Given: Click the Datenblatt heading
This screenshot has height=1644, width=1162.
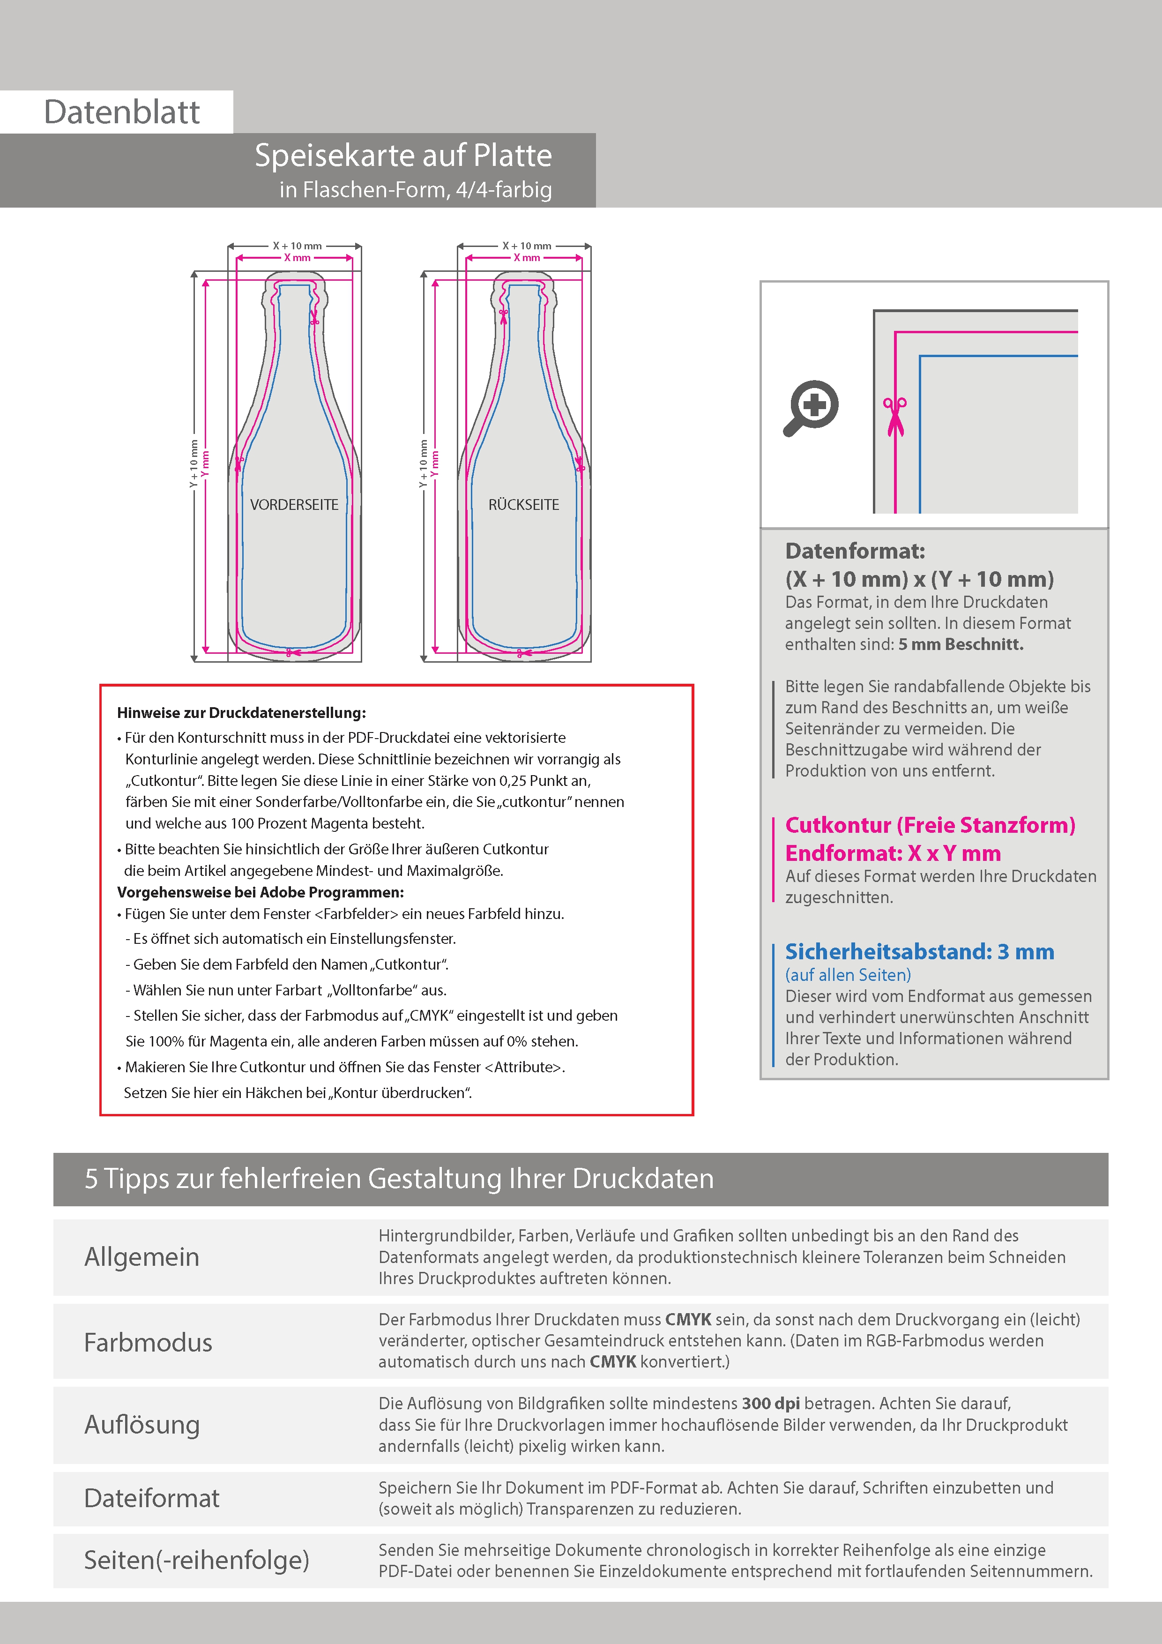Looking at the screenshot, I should (x=122, y=112).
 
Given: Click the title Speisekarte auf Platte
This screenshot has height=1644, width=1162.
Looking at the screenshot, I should (x=403, y=156).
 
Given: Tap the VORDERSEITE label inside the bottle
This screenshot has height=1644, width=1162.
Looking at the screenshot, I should (x=294, y=505).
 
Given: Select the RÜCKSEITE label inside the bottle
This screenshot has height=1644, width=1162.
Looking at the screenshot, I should (x=523, y=505).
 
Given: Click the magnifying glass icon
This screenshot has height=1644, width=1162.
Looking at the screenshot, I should (x=811, y=407).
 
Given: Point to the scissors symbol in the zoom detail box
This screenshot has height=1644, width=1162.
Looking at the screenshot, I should (x=894, y=415).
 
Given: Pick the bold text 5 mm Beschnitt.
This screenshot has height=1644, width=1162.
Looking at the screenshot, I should (x=961, y=644).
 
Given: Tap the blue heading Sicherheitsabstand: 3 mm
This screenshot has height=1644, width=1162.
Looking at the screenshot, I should (x=919, y=952).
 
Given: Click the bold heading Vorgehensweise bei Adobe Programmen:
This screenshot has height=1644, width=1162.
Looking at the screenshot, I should (x=261, y=892).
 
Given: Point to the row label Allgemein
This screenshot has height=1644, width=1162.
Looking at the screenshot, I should (x=142, y=1257).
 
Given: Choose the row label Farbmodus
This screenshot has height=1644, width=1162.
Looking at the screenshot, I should (x=148, y=1343).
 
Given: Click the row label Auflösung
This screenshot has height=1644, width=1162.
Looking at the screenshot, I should (x=142, y=1425).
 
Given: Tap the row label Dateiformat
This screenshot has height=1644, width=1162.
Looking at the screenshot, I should (x=152, y=1498).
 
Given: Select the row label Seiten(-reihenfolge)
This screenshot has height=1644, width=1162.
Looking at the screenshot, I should (x=196, y=1560).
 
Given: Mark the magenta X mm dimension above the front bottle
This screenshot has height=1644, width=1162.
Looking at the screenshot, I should (x=297, y=258).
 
